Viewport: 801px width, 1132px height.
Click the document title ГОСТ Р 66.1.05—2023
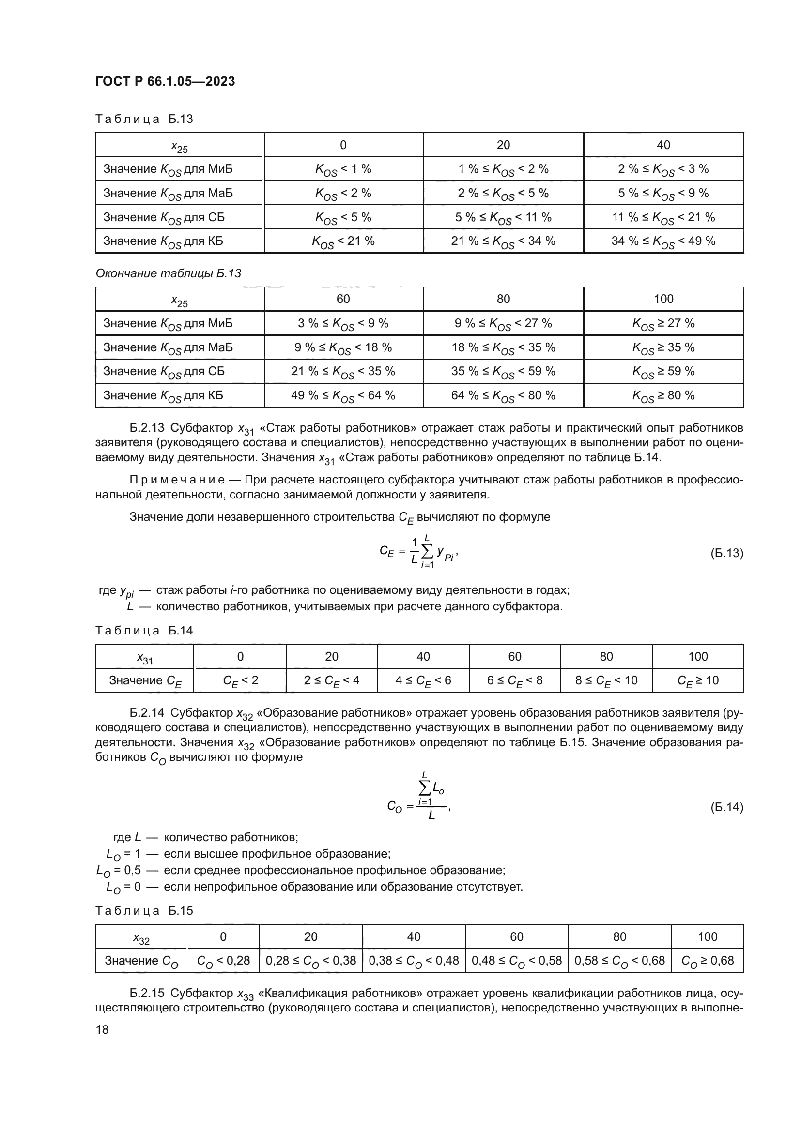click(165, 82)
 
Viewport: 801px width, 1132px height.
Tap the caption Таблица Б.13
click(144, 119)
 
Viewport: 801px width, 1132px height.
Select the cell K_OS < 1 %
click(343, 169)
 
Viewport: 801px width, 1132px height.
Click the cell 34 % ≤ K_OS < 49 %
click(663, 241)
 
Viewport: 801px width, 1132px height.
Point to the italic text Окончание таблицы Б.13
click(168, 273)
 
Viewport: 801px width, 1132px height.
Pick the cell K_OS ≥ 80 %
click(663, 395)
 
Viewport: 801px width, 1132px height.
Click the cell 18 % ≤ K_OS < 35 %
click(503, 347)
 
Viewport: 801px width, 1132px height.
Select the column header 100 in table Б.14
click(697, 656)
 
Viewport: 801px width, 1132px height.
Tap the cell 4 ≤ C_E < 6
click(423, 680)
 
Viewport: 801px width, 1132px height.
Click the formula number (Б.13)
click(726, 553)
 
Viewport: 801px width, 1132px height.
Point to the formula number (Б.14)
click(726, 807)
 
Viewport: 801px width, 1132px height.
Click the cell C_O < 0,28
click(223, 960)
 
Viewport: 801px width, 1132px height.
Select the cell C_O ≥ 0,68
click(707, 960)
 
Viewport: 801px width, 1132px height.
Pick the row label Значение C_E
click(145, 680)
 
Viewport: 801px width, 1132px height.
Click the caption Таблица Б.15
click(144, 911)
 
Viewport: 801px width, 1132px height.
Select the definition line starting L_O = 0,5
click(301, 870)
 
